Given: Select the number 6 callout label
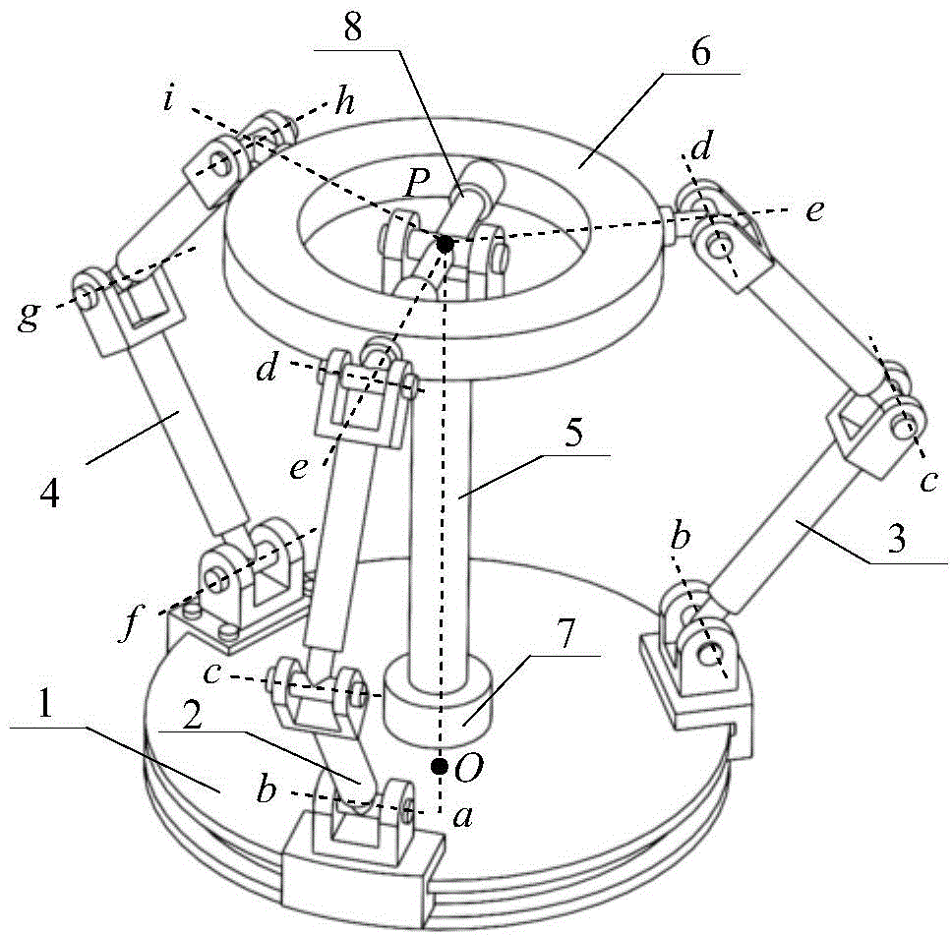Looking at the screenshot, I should click(x=699, y=54).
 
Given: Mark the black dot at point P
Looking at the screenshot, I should click(x=445, y=243).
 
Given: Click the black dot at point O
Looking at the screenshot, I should click(x=439, y=764).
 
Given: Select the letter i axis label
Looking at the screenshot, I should click(x=168, y=98).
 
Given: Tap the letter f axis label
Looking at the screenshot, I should click(x=128, y=624).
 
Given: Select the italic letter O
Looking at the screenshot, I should click(x=468, y=768).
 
